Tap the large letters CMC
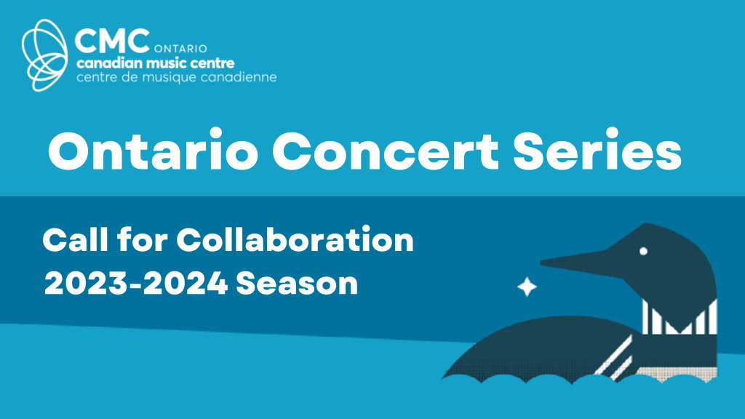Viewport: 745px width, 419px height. click(112, 41)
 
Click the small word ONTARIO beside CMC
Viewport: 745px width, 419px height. click(180, 49)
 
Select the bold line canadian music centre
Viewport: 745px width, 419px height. click(156, 63)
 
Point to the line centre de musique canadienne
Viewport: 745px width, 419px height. click(176, 77)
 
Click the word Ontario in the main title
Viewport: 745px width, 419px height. click(153, 150)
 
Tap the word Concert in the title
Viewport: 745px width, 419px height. click(385, 151)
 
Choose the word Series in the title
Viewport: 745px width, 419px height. click(597, 150)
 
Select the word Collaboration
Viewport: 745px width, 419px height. click(295, 239)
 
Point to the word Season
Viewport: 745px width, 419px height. click(297, 284)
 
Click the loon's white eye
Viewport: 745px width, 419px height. click(643, 251)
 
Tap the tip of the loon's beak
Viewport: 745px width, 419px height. click(541, 261)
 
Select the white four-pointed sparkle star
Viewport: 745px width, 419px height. click(527, 287)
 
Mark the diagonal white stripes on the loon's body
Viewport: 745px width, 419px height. click(614, 356)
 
